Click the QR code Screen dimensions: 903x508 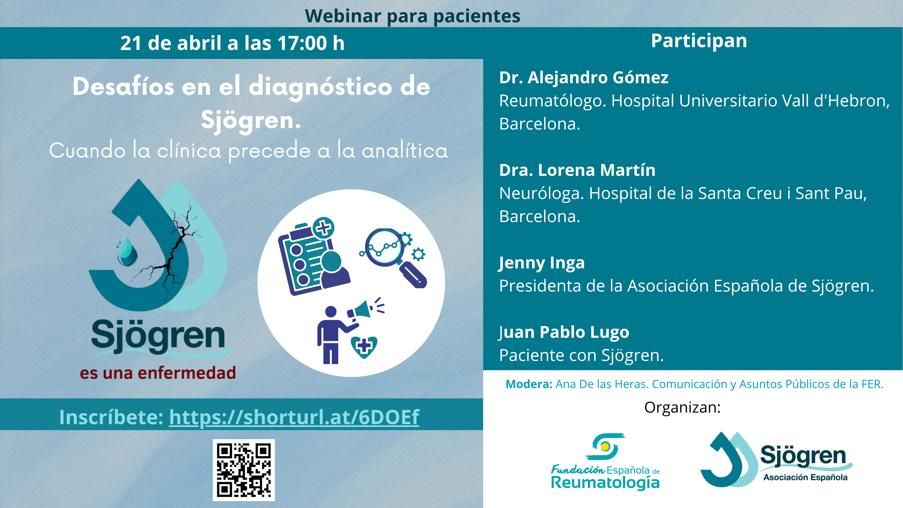244,470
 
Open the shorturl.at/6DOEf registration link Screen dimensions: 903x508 294,417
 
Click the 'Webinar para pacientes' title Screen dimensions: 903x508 413,16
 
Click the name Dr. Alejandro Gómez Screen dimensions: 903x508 584,78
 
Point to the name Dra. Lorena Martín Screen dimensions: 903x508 577,170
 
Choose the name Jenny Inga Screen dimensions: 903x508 542,263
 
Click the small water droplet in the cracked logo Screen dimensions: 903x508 126,252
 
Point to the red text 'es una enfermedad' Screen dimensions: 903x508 158,373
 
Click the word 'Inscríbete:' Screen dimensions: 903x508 111,417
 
